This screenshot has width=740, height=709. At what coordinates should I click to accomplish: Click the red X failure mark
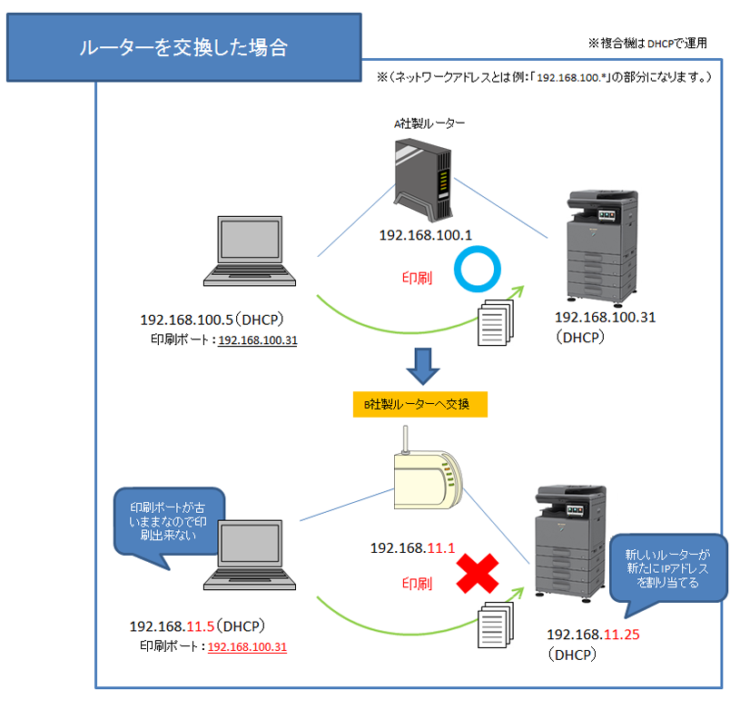point(477,573)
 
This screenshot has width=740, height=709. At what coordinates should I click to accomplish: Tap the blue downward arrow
point(423,366)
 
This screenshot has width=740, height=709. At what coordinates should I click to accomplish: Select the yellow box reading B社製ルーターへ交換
point(420,404)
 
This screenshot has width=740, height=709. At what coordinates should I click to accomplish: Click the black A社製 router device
point(422,179)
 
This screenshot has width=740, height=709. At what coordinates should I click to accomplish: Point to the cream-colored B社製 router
point(427,477)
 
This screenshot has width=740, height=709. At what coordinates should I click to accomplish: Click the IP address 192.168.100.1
point(425,235)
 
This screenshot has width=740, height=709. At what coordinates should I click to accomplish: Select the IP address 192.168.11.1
point(412,547)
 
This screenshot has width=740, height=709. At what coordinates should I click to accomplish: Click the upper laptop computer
point(250,251)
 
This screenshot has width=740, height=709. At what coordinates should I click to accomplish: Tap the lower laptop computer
point(250,555)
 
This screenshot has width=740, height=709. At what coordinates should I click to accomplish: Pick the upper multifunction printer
point(602,248)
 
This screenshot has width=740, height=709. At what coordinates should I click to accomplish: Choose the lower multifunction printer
point(570,543)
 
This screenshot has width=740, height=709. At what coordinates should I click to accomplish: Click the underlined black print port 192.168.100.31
point(258,340)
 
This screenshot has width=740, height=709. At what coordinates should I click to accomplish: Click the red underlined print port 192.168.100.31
point(247,646)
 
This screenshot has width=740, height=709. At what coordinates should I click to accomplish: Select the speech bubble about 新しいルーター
point(667,568)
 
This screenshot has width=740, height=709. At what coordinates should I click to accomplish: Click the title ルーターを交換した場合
point(183,47)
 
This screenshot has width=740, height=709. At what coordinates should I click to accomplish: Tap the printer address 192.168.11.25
point(593,635)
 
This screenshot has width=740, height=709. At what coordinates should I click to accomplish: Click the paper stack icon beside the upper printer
point(495,322)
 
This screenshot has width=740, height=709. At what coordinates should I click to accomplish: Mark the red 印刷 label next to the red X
point(417,584)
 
